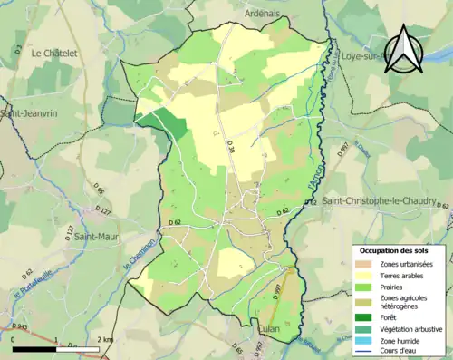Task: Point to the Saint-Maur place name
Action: click(98, 238)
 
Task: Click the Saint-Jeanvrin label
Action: click(27, 113)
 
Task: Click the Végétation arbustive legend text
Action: click(409, 328)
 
